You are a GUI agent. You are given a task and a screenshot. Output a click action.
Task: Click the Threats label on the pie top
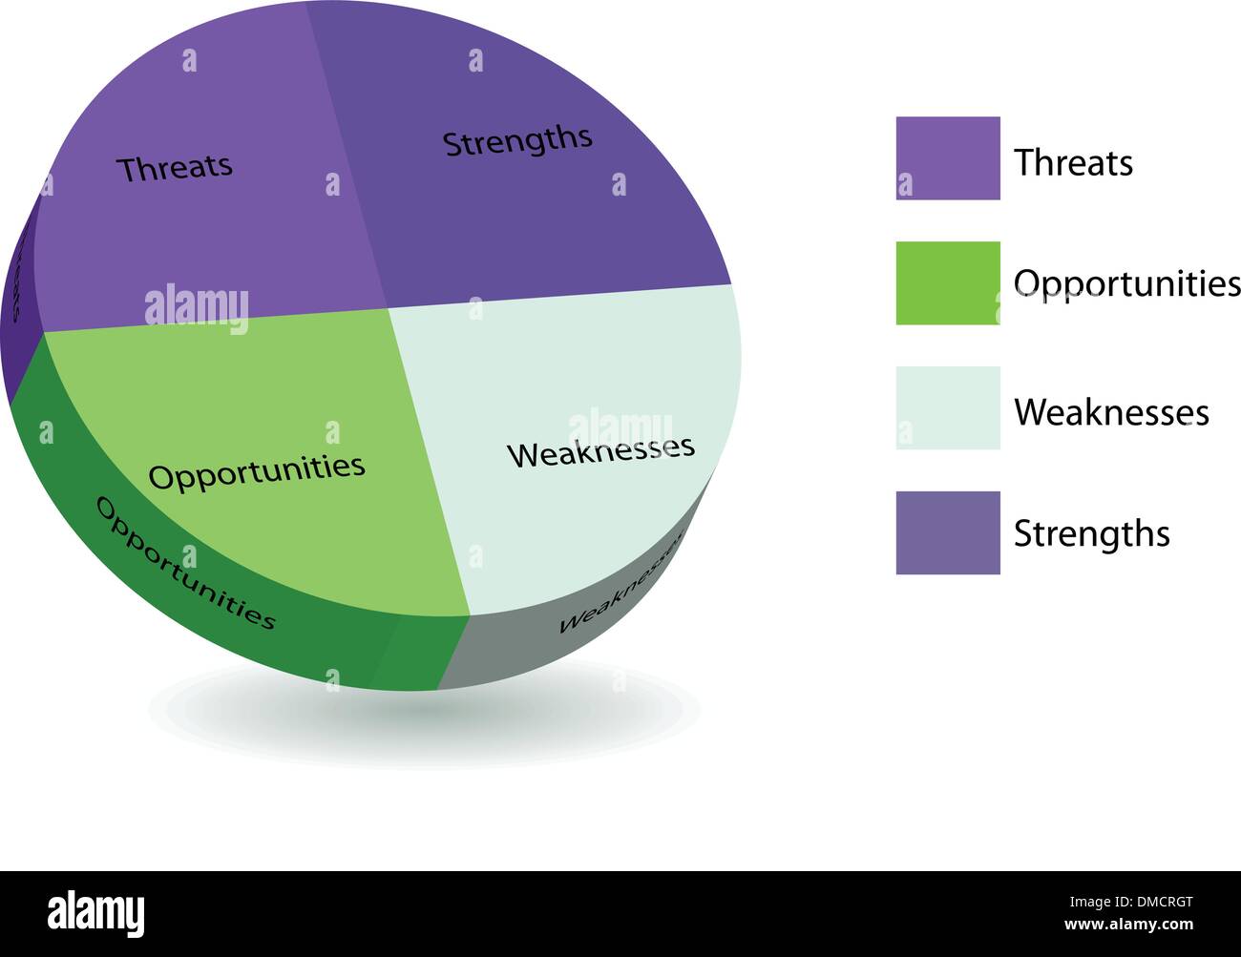175,168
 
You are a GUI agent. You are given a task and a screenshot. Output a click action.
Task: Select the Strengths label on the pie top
517,141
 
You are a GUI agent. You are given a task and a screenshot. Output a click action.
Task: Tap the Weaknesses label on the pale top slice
600,451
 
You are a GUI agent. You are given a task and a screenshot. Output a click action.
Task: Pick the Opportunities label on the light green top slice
257,470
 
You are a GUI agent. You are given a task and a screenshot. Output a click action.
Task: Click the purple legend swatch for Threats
947,158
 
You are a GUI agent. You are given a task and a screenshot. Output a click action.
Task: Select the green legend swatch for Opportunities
947,283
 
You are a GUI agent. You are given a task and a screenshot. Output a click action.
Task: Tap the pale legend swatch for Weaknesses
947,408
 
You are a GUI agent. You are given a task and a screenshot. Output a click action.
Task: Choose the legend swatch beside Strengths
947,533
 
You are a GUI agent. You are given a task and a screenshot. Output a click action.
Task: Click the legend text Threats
1073,163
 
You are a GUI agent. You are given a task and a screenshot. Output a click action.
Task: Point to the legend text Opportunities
1126,284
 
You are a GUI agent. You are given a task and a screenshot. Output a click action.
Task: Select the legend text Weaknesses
1111,412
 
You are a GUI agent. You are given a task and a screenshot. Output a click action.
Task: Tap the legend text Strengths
1091,533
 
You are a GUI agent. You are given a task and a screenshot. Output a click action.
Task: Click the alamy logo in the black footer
95,913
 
